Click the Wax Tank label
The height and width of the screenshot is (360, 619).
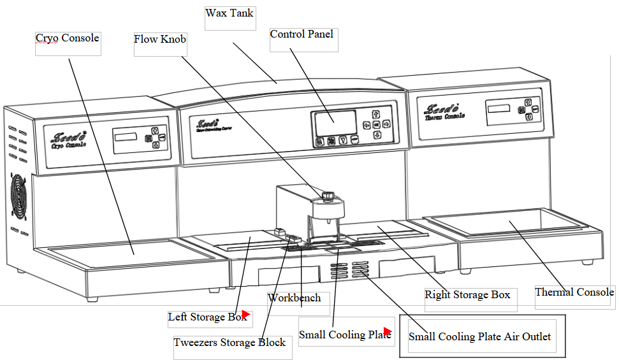(229, 13)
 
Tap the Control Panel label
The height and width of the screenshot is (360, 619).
(302, 34)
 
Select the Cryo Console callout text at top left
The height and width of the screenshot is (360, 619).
(67, 38)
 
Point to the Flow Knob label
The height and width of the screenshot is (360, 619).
(159, 40)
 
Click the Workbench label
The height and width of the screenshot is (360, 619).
(294, 298)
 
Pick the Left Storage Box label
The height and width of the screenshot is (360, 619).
(205, 317)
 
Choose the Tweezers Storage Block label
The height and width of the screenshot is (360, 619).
(229, 343)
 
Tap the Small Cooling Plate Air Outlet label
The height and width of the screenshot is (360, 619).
(479, 336)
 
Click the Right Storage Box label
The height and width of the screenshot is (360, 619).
(467, 295)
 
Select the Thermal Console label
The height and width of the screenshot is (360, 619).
(574, 292)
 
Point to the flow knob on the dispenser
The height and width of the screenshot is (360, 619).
(328, 195)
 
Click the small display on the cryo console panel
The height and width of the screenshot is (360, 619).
(126, 139)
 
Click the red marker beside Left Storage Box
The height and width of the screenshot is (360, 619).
(245, 315)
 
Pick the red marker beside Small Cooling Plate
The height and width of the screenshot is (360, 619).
(387, 331)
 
